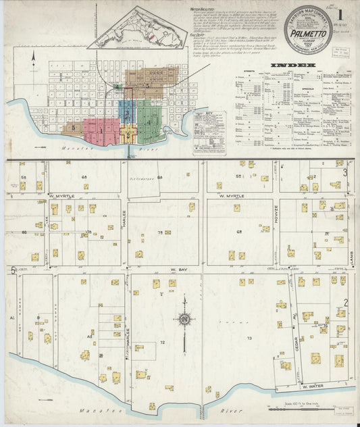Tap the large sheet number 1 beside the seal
pyautogui.click(x=343, y=14)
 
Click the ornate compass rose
pyautogui.click(x=184, y=320)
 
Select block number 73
pyautogui.click(x=249, y=337)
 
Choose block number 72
pyautogui.click(x=162, y=343)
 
